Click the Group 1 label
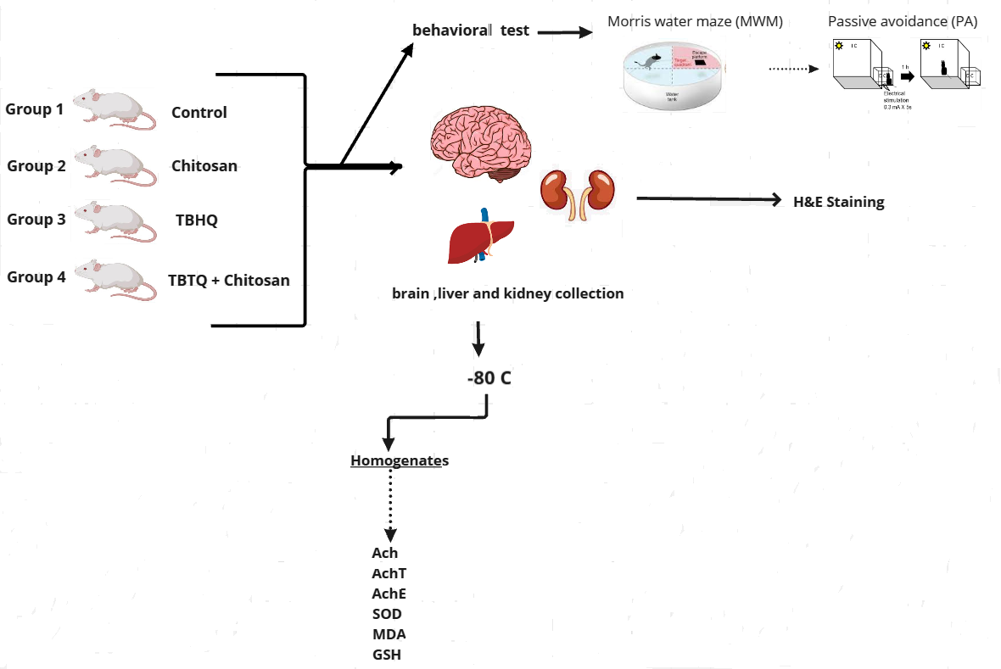pos(34,109)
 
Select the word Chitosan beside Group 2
pos(204,166)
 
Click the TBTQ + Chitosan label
pos(229,280)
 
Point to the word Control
pos(199,112)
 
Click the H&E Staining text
pos(837,202)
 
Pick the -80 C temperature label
pos(489,378)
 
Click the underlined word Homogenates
pos(400,460)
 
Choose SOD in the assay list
pos(387,614)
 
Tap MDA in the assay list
pos(388,634)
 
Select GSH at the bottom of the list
pos(387,655)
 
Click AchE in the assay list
pos(389,594)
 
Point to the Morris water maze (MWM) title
pos(695,21)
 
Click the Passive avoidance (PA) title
pos(903,21)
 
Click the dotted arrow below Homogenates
pos(390,505)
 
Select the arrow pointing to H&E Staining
pos(708,199)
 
